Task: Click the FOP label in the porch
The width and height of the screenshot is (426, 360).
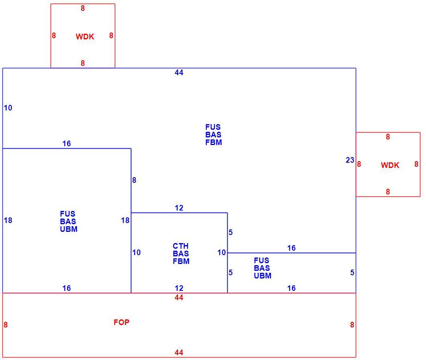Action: (x=121, y=322)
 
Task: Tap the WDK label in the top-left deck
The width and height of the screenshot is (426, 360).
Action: (x=85, y=37)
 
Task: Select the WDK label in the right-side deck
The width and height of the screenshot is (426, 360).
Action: (x=390, y=165)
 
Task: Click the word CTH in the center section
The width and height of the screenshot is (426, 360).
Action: (x=181, y=246)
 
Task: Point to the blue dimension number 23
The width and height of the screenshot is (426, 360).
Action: (x=350, y=160)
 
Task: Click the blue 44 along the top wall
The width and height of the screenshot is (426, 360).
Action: (x=179, y=73)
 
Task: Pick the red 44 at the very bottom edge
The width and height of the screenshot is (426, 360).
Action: (x=179, y=352)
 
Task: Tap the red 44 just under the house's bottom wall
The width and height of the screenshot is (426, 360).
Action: (x=179, y=297)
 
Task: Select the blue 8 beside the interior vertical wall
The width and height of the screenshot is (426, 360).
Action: (x=134, y=180)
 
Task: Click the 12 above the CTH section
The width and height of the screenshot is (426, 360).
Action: (x=179, y=208)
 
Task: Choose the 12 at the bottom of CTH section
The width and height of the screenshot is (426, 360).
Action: (x=179, y=288)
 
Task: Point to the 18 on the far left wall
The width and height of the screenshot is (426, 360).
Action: (x=8, y=220)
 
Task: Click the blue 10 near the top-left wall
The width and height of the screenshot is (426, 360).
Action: (x=8, y=108)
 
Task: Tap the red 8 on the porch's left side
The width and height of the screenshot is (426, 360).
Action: (x=6, y=325)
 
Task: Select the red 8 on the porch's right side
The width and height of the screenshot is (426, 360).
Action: (x=352, y=325)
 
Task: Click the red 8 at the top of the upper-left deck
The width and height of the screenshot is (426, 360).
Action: (x=83, y=8)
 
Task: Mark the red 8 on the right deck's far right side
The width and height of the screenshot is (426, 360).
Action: (x=416, y=164)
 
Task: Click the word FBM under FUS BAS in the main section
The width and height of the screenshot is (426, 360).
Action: (x=214, y=142)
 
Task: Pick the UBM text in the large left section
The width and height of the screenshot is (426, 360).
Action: (x=69, y=229)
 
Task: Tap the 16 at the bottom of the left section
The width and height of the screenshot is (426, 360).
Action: (x=67, y=288)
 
